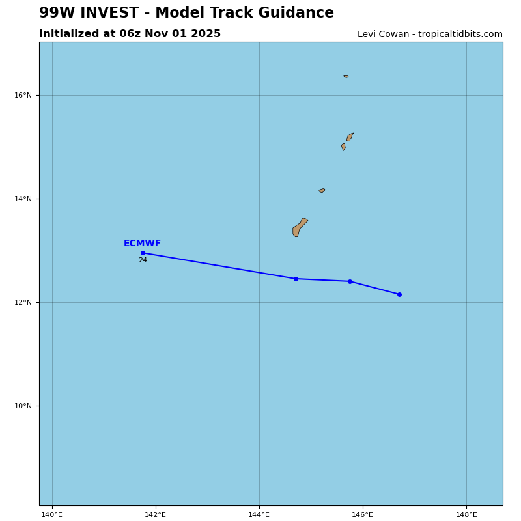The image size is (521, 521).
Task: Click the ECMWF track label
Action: tap(142, 244)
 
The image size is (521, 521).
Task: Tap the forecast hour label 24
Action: tap(143, 260)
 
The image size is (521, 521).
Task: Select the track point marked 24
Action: tap(143, 253)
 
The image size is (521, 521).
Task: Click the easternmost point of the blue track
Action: tap(399, 294)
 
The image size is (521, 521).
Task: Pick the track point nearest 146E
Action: tap(350, 281)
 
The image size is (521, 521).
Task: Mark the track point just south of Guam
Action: tap(296, 279)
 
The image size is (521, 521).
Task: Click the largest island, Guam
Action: tap(299, 227)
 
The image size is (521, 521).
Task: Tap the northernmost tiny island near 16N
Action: tap(346, 76)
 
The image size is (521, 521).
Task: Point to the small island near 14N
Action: tap(322, 190)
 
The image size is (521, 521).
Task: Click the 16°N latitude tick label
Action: tap(23, 96)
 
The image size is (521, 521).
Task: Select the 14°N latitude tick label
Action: tap(23, 199)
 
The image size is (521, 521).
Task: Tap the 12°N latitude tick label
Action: tap(23, 303)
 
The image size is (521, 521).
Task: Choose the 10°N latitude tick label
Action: tap(23, 406)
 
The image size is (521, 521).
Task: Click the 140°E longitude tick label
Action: tap(52, 515)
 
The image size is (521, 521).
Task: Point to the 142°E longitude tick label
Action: tap(156, 515)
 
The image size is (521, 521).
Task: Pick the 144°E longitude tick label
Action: tap(259, 515)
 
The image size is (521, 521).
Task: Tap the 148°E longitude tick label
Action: tap(466, 515)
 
